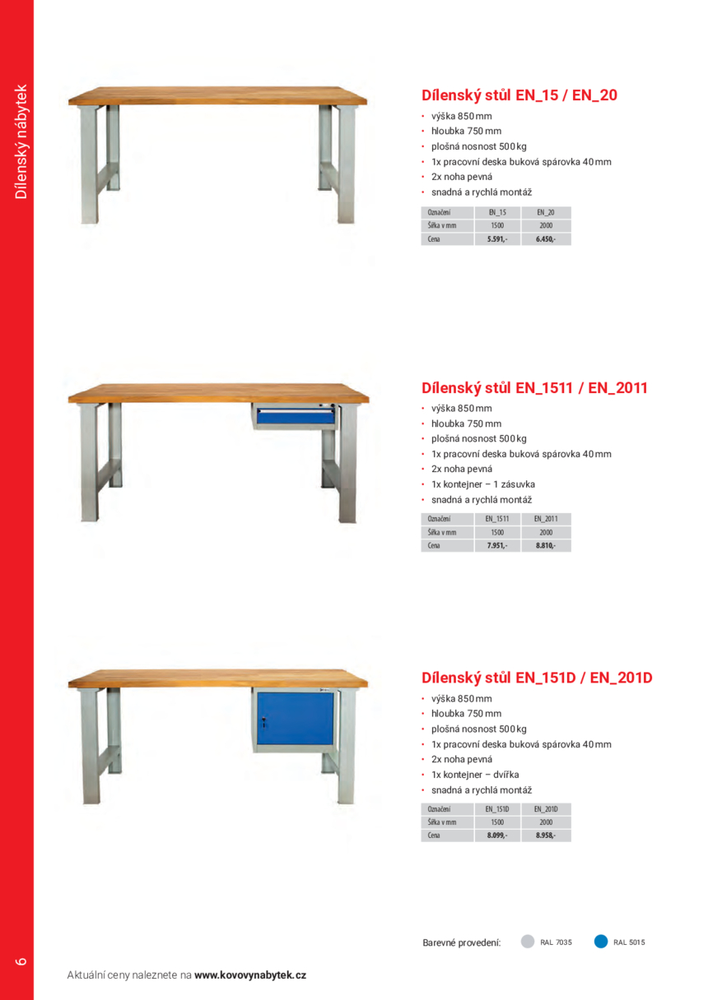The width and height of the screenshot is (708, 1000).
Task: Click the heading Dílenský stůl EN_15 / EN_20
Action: pyautogui.click(x=519, y=95)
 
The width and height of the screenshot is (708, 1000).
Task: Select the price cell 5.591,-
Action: pyautogui.click(x=497, y=239)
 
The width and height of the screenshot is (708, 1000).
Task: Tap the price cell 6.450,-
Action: pyautogui.click(x=545, y=239)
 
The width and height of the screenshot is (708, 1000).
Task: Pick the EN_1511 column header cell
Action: pyautogui.click(x=497, y=519)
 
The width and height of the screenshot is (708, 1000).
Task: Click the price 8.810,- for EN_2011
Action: pyautogui.click(x=545, y=545)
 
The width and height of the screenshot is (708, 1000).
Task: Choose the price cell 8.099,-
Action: pyautogui.click(x=497, y=836)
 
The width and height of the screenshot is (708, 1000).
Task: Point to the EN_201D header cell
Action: pyautogui.click(x=545, y=809)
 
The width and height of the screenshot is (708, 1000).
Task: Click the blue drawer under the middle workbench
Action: pyautogui.click(x=295, y=417)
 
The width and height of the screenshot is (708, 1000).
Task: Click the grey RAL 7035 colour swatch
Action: pyautogui.click(x=529, y=942)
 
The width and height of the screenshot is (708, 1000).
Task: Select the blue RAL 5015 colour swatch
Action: pyautogui.click(x=601, y=942)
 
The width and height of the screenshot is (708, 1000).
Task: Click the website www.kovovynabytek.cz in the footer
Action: pyautogui.click(x=250, y=975)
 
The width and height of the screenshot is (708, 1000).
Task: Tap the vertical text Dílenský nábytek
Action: pyautogui.click(x=21, y=141)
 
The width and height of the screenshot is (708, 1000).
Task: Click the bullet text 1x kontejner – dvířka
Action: pyautogui.click(x=475, y=775)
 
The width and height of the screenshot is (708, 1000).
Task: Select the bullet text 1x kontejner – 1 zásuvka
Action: pyautogui.click(x=482, y=484)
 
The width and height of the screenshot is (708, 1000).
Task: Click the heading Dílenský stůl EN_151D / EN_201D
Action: pyautogui.click(x=537, y=678)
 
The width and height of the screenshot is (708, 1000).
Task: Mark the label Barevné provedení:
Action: pyautogui.click(x=461, y=942)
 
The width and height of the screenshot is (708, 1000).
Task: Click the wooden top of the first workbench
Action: pyautogui.click(x=217, y=96)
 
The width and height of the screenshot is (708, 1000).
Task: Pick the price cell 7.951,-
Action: pyautogui.click(x=497, y=545)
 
